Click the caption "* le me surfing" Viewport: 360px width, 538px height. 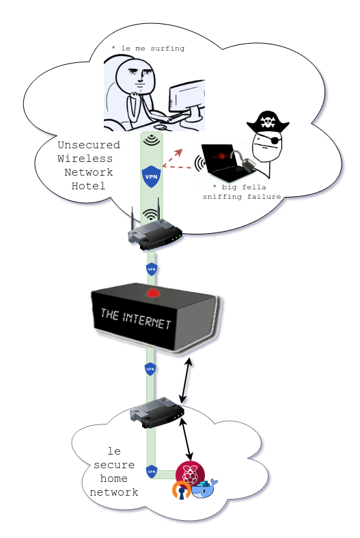click(x=148, y=49)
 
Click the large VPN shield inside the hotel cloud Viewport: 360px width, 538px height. click(x=151, y=177)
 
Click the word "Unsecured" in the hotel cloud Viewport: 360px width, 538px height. click(x=89, y=145)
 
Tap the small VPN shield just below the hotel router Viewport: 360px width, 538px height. click(x=152, y=269)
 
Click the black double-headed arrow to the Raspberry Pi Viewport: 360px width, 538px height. click(x=186, y=441)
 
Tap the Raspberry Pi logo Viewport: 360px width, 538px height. click(x=190, y=474)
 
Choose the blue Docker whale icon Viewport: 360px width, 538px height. click(x=204, y=489)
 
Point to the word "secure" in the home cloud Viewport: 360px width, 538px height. click(x=111, y=465)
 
